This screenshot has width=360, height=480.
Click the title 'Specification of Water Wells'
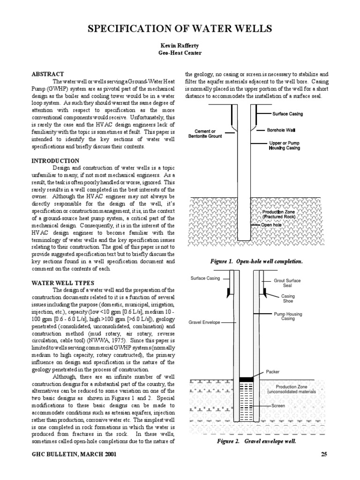coord(180,29)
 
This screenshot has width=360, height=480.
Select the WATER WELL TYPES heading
coord(62,283)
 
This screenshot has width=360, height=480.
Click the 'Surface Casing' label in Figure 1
coord(287,113)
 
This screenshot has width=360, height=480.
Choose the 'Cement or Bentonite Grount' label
coord(206,134)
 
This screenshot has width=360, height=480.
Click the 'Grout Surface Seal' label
coord(287,283)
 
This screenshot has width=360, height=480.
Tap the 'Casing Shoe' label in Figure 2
coord(287,299)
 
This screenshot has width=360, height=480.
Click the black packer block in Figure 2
coord(245,378)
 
